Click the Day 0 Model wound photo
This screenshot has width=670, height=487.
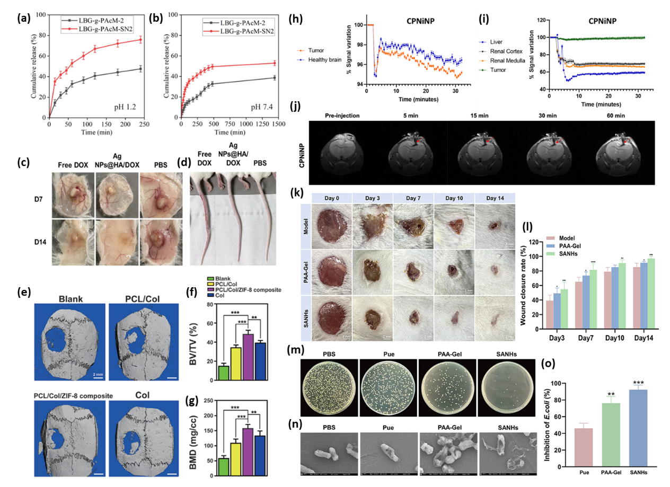[333, 225]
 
